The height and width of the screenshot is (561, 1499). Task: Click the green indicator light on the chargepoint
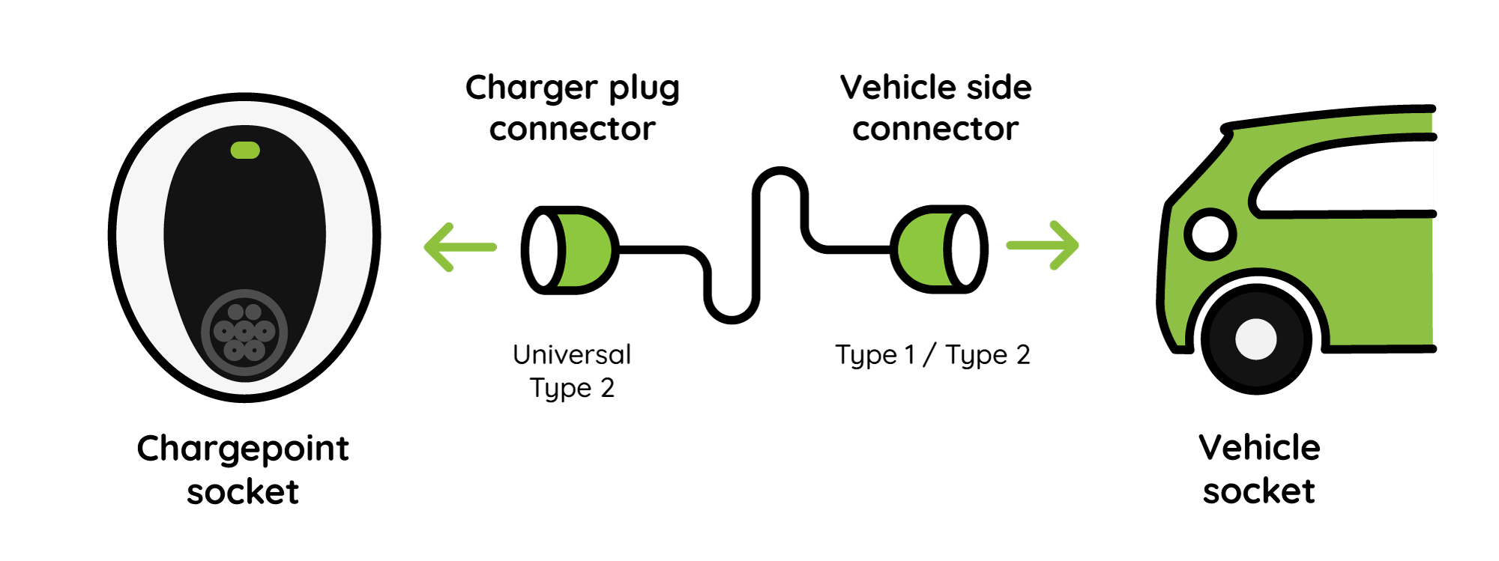245,151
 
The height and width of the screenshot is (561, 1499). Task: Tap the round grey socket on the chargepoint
244,334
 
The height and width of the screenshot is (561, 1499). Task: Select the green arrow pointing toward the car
1043,245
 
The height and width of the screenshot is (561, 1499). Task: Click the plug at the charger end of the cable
570,249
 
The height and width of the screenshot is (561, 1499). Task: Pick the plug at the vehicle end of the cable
939,249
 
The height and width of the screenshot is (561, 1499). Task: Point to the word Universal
572,354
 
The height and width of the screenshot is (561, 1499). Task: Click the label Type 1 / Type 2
932,355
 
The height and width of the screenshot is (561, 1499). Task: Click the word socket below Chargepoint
243,492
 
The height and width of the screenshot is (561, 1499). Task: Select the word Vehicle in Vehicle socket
1259,448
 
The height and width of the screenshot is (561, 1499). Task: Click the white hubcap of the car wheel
1256,339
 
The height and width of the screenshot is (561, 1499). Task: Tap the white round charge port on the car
1210,234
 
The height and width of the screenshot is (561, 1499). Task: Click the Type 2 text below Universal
572,389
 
